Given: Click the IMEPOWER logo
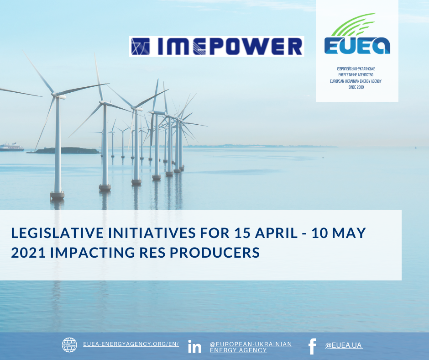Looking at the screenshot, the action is tap(217, 46).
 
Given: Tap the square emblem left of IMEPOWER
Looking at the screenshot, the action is tap(141, 46).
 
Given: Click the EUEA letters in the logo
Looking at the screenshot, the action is tap(357, 46).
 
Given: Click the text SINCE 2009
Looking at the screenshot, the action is tap(356, 87).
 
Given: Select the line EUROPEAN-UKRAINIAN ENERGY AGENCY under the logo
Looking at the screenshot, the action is tap(356, 81).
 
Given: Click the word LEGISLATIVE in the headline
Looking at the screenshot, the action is tap(58, 233).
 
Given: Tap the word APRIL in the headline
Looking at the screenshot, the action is tap(276, 233).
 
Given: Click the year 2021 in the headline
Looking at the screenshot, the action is tap(28, 253).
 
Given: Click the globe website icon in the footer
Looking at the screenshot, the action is tap(69, 344).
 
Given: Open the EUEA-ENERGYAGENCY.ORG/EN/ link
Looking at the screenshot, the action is tap(131, 344).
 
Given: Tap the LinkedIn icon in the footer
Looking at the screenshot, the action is tap(194, 346).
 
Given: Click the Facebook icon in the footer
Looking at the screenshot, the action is tap(312, 346).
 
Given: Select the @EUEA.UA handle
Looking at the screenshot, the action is tap(344, 345).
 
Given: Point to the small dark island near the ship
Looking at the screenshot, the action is tap(65, 150).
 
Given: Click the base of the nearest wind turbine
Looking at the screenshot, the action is tap(58, 196).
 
